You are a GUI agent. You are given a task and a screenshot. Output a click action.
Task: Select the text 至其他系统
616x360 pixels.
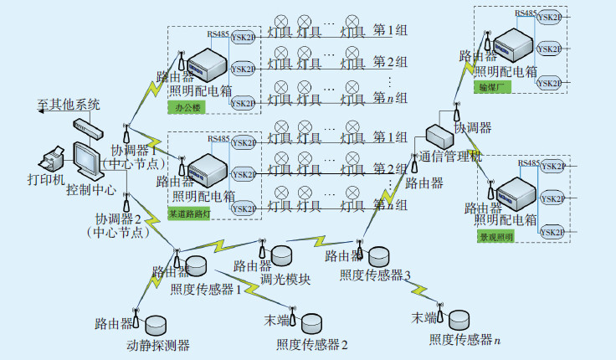click(69, 105)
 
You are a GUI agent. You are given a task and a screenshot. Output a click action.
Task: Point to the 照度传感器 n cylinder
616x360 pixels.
click(459, 319)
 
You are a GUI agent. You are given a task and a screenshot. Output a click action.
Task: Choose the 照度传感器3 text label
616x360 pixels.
click(375, 275)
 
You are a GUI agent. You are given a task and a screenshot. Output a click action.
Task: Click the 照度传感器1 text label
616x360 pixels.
click(206, 290)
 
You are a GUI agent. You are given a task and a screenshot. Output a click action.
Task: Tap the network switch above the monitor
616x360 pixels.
click(86, 127)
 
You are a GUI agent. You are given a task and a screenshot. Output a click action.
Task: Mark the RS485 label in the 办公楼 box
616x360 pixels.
click(218, 34)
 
